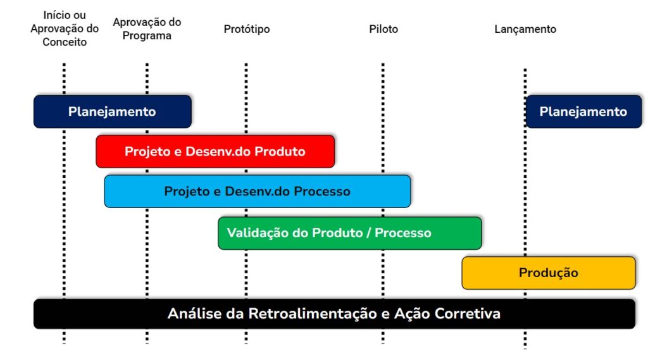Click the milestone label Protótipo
pyautogui.click(x=247, y=29)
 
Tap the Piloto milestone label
pyautogui.click(x=383, y=29)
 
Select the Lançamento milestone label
pyautogui.click(x=525, y=29)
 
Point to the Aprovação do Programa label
pyautogui.click(x=147, y=28)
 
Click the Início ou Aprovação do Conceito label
pyautogui.click(x=65, y=28)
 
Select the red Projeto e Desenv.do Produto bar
pyautogui.click(x=215, y=151)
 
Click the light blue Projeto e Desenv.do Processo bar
pyautogui.click(x=258, y=191)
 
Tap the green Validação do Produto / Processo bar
pyautogui.click(x=350, y=233)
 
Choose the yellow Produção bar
pyautogui.click(x=549, y=273)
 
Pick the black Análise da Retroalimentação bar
pyautogui.click(x=334, y=314)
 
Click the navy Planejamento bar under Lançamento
pyautogui.click(x=583, y=111)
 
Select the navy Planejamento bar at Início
pyautogui.click(x=113, y=111)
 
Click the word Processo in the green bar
pyautogui.click(x=403, y=233)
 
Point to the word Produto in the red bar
pyautogui.click(x=280, y=151)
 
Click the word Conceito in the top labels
pyautogui.click(x=65, y=42)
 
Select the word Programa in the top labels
pyautogui.click(x=147, y=36)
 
